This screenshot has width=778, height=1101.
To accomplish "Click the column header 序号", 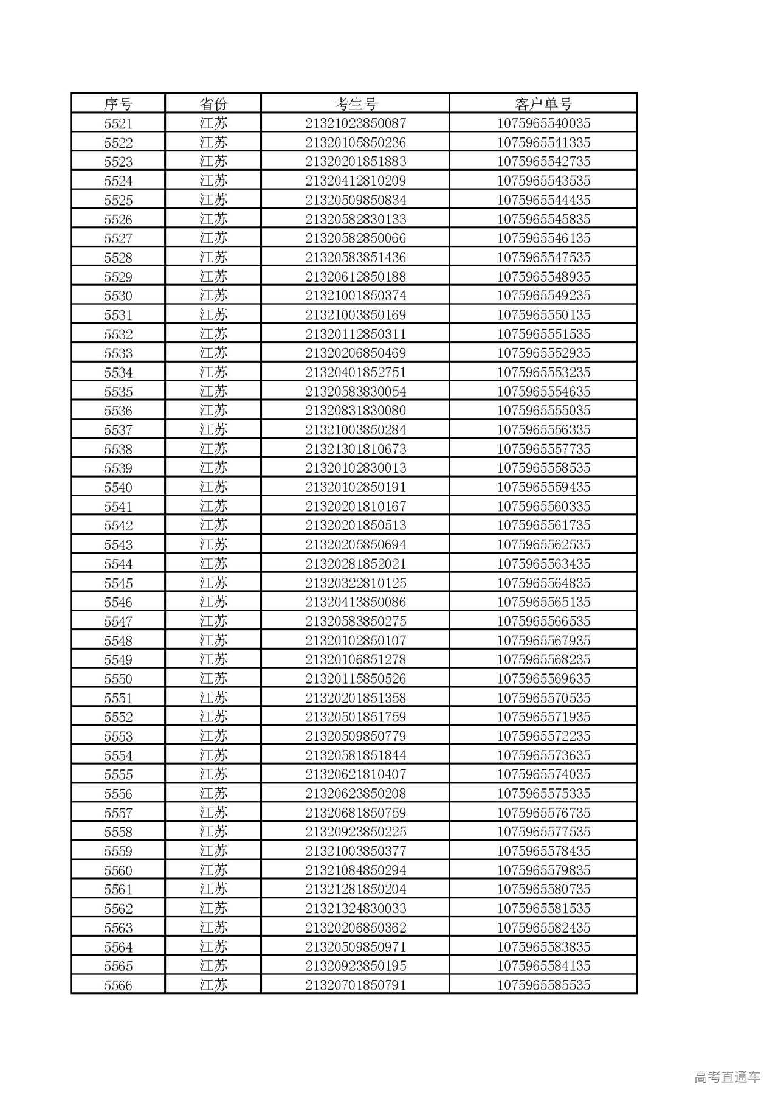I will coord(118,104).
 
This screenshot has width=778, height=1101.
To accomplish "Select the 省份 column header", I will coord(213,104).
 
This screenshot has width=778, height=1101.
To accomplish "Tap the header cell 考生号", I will coord(356,104).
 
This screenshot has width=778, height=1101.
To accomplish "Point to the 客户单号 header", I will coord(543,104).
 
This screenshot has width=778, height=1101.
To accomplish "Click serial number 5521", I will coord(118,123).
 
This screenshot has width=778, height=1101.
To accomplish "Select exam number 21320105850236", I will coord(356,143).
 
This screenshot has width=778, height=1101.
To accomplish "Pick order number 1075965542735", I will coord(543,162).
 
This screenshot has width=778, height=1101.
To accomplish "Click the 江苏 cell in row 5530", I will coord(213,296).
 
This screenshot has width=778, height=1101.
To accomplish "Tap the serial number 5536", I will coord(118,411).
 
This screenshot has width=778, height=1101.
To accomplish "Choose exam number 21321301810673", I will coord(356,449).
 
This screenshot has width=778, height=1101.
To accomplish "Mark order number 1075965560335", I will coord(543,506).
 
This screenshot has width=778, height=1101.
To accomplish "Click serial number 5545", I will coord(118,583).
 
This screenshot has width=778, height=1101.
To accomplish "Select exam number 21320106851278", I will coord(356,659).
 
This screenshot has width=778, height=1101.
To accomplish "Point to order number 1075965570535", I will coord(543,698).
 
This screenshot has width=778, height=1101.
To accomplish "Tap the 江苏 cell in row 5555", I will coord(213,774).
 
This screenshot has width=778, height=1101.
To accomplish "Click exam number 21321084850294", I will coord(356,870).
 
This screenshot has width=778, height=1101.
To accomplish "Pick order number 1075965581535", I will coord(543,908).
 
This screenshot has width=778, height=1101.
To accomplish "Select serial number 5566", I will coord(118,985).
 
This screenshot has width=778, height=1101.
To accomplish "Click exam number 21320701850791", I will coord(356,985).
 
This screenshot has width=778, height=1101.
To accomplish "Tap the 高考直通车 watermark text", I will coord(727,1077).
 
